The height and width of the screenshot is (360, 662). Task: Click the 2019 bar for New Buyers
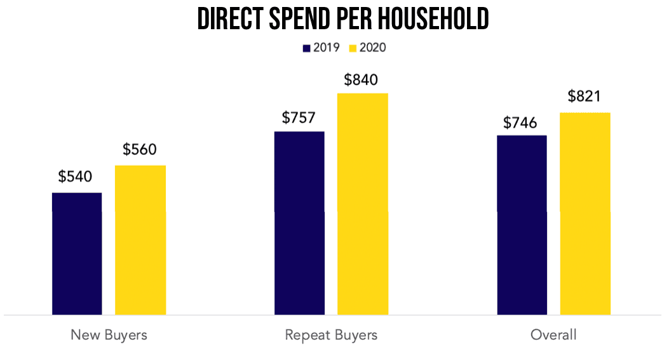[77, 253]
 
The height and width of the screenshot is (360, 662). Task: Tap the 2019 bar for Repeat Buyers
[299, 223]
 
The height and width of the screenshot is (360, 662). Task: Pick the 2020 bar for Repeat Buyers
[362, 204]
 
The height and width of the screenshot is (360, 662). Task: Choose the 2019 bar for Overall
[522, 225]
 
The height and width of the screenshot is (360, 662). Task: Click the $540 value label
[76, 177]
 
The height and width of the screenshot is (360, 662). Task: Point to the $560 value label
[140, 150]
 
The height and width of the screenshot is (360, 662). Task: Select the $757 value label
[299, 117]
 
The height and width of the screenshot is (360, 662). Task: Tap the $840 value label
[361, 80]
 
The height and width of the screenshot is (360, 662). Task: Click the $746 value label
[520, 123]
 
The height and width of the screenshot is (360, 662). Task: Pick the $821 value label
[584, 97]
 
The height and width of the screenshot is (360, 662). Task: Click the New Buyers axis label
[109, 335]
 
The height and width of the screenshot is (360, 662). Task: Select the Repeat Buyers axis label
[331, 335]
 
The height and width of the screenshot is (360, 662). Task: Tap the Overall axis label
[553, 335]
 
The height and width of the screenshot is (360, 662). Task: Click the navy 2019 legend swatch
[307, 48]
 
